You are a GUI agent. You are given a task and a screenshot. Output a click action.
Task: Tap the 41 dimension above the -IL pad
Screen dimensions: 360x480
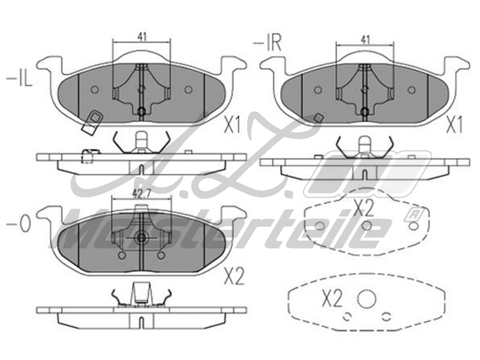pyautogui.click(x=142, y=37)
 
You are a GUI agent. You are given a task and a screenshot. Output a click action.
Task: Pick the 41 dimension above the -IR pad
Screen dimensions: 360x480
pyautogui.click(x=364, y=39)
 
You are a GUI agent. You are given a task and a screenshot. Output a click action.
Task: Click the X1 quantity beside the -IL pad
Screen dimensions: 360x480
pyautogui.click(x=232, y=125)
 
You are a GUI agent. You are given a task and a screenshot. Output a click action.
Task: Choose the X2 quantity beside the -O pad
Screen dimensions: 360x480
pyautogui.click(x=234, y=277)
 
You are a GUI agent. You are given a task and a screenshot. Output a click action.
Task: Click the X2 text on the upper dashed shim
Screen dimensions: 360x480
pyautogui.click(x=363, y=208)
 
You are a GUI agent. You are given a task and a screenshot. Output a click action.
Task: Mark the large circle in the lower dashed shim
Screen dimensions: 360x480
pyautogui.click(x=366, y=299)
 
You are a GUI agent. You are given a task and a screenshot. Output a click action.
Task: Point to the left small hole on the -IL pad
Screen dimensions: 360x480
pyautogui.click(x=94, y=89)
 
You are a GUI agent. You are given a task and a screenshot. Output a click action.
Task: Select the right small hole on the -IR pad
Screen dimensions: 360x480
pyautogui.click(x=411, y=89)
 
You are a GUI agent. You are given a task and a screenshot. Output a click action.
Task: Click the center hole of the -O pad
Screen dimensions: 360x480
pyautogui.click(x=141, y=238)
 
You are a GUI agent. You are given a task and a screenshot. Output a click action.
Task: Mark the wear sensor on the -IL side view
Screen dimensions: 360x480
pyautogui.click(x=88, y=155)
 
